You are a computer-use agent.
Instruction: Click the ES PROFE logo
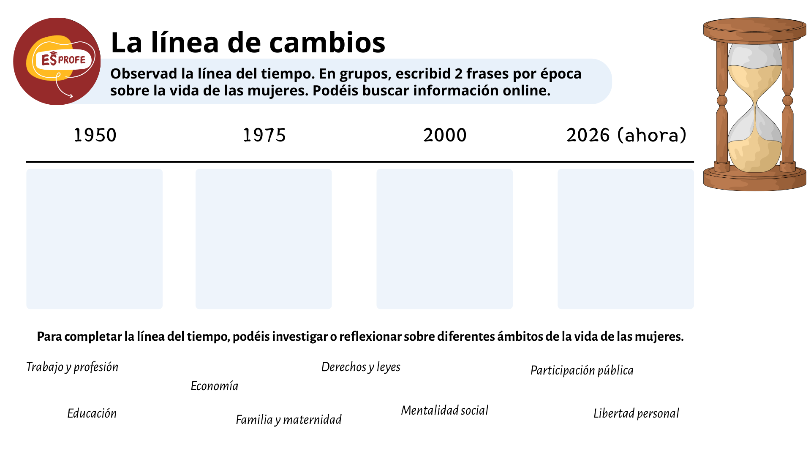pyautogui.click(x=57, y=61)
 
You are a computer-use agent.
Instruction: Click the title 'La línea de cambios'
pyautogui.click(x=248, y=43)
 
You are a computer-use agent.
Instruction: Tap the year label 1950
pyautogui.click(x=95, y=135)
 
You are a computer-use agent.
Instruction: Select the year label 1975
pyautogui.click(x=264, y=135)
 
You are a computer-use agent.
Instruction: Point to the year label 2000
pyautogui.click(x=445, y=135)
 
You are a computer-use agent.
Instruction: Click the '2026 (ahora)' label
pyautogui.click(x=626, y=135)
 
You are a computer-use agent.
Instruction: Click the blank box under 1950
pyautogui.click(x=95, y=239)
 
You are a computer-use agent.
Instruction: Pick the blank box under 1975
pyautogui.click(x=264, y=239)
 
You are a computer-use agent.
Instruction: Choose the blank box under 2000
pyautogui.click(x=445, y=239)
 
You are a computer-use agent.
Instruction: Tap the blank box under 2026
pyautogui.click(x=626, y=239)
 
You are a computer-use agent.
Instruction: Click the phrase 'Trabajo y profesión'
pyautogui.click(x=72, y=367)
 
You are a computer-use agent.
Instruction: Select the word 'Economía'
pyautogui.click(x=215, y=386)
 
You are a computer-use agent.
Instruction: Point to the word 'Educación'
pyautogui.click(x=92, y=413)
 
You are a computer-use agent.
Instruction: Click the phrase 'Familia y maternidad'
pyautogui.click(x=289, y=420)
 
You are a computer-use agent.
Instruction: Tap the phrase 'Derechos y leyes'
pyautogui.click(x=361, y=367)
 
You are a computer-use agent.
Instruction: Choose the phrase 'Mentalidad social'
pyautogui.click(x=445, y=410)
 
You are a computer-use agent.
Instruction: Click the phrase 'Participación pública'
pyautogui.click(x=582, y=371)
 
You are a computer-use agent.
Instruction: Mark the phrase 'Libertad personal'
pyautogui.click(x=637, y=413)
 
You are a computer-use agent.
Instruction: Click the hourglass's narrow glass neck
pyautogui.click(x=755, y=102)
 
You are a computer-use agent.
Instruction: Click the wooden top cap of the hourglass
pyautogui.click(x=755, y=30)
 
